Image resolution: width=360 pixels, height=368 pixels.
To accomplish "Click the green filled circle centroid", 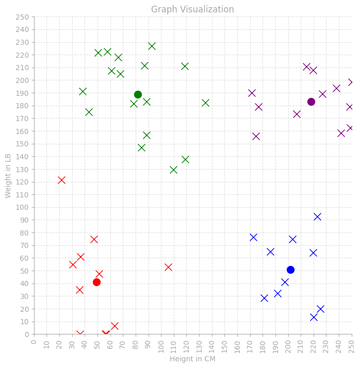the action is tap(138, 95).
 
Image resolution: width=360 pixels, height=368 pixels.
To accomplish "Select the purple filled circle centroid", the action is tap(311, 102).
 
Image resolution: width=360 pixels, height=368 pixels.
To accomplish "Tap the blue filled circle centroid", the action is tap(290, 270).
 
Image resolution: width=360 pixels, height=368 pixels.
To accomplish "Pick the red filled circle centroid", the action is tap(96, 282).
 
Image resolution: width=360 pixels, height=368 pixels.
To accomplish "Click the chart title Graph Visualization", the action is tap(192, 9).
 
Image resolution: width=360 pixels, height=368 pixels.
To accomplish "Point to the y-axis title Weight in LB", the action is tap(8, 176).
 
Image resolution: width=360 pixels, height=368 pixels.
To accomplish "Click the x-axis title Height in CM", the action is tap(192, 359).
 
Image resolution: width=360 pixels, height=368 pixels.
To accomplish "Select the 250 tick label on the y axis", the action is tap(22, 17).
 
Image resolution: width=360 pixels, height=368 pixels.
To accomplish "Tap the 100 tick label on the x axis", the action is tap(161, 347).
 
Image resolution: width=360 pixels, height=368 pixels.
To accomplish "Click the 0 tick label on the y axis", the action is tap(27, 334).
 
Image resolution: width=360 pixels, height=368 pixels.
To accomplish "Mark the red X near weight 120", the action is tap(61, 180).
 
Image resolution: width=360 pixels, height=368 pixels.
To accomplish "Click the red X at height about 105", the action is tap(168, 267).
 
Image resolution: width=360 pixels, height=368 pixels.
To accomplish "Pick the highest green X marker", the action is tap(152, 46).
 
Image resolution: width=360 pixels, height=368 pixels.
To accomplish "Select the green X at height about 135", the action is tap(205, 103).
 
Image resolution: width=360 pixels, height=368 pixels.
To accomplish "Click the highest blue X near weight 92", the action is tap(318, 217).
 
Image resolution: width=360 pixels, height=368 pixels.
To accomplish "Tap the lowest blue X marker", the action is tap(314, 317).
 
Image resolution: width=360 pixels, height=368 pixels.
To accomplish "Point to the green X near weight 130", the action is tap(173, 170).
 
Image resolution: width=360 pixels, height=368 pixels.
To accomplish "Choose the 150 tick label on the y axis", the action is tap(22, 144).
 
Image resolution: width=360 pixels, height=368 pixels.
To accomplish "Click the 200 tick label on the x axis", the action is tap(288, 347).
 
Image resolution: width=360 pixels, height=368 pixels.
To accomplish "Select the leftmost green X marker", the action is tap(83, 91).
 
